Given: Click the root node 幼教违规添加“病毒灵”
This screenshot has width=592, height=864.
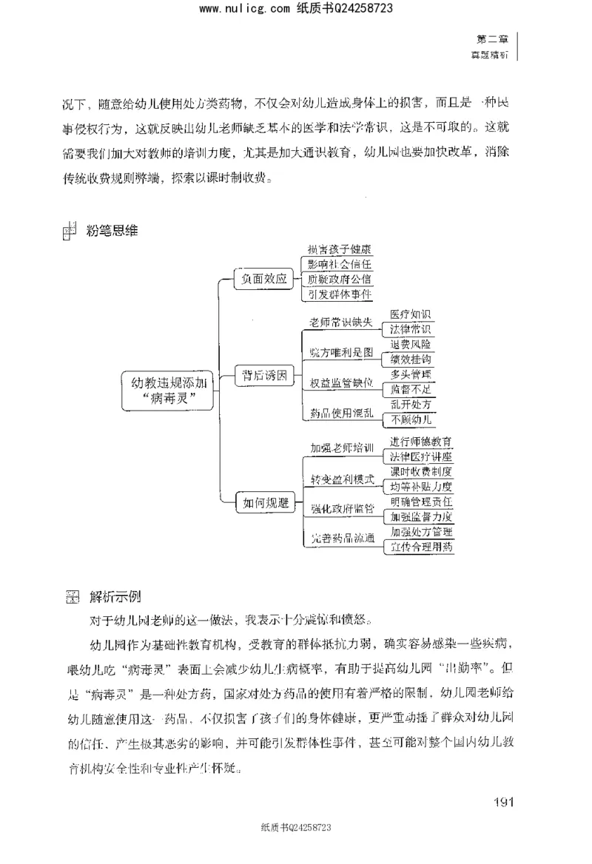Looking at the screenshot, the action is pyautogui.click(x=166, y=390).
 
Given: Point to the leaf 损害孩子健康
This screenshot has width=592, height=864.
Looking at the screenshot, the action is pyautogui.click(x=339, y=250).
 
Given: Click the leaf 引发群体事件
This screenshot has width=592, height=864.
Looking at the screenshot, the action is pyautogui.click(x=339, y=294).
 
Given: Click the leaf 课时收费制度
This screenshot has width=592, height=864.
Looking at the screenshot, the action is pyautogui.click(x=421, y=470).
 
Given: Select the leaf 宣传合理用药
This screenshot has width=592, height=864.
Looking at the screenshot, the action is pyautogui.click(x=421, y=547).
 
